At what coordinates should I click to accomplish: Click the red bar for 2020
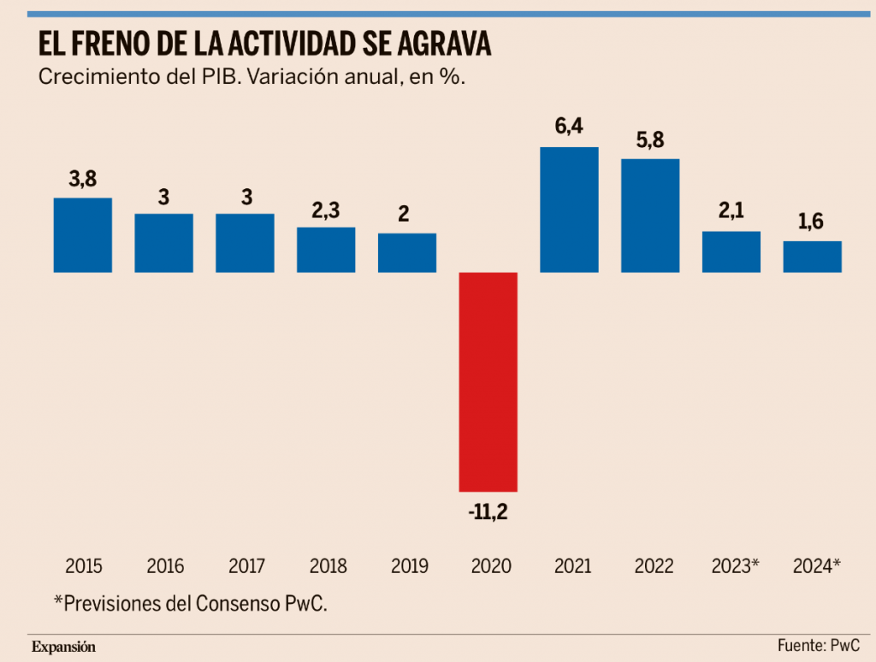[x=488, y=381]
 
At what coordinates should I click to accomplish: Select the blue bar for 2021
[x=569, y=210]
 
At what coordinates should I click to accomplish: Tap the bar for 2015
[x=83, y=235]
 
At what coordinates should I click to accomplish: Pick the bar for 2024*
[x=813, y=257]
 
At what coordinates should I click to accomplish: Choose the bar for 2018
[x=326, y=250]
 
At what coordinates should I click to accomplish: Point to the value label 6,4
[x=569, y=127]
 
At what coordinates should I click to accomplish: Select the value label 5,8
[x=650, y=139]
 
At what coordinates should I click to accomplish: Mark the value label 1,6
[x=813, y=222]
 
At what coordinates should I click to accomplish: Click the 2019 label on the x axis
[x=407, y=566]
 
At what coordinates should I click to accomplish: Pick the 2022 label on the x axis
[x=650, y=566]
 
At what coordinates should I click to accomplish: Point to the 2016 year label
[x=164, y=566]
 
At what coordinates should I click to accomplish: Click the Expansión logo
[x=64, y=647]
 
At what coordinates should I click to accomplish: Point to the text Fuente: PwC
[x=818, y=646]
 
